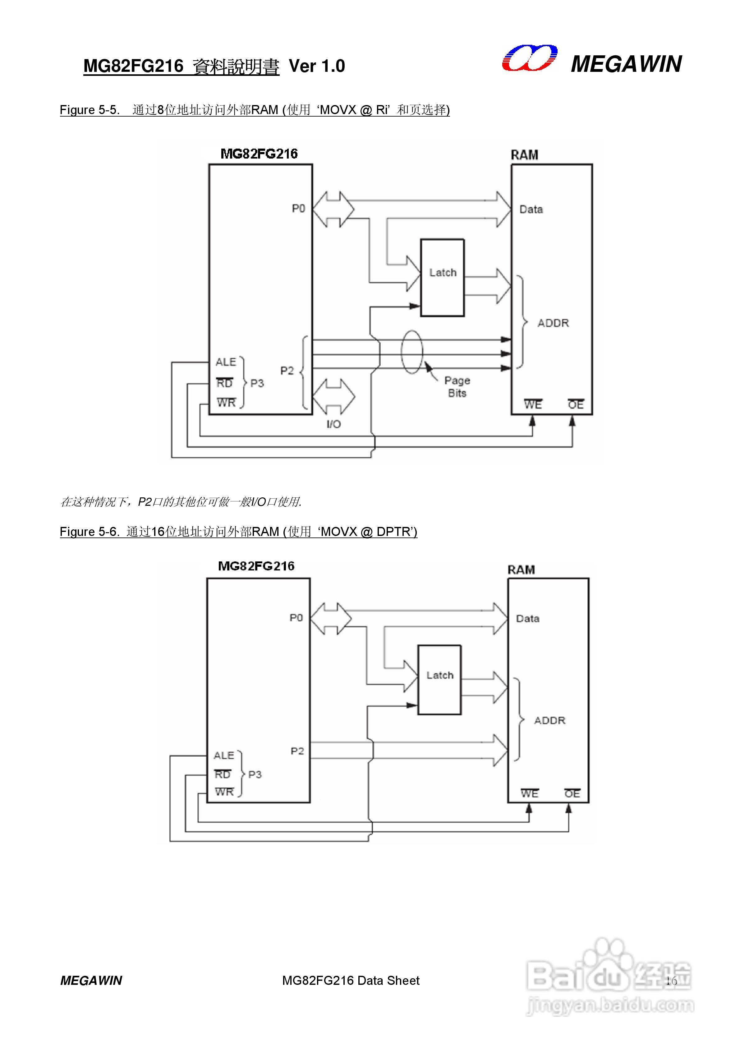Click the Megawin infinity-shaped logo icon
[529, 59]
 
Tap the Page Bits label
[457, 387]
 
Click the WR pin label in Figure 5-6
[224, 792]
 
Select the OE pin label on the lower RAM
[572, 794]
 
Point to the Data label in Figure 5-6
[527, 619]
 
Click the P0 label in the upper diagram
[298, 208]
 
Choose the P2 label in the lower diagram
[297, 751]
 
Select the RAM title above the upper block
[524, 155]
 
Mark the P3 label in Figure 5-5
[257, 383]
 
